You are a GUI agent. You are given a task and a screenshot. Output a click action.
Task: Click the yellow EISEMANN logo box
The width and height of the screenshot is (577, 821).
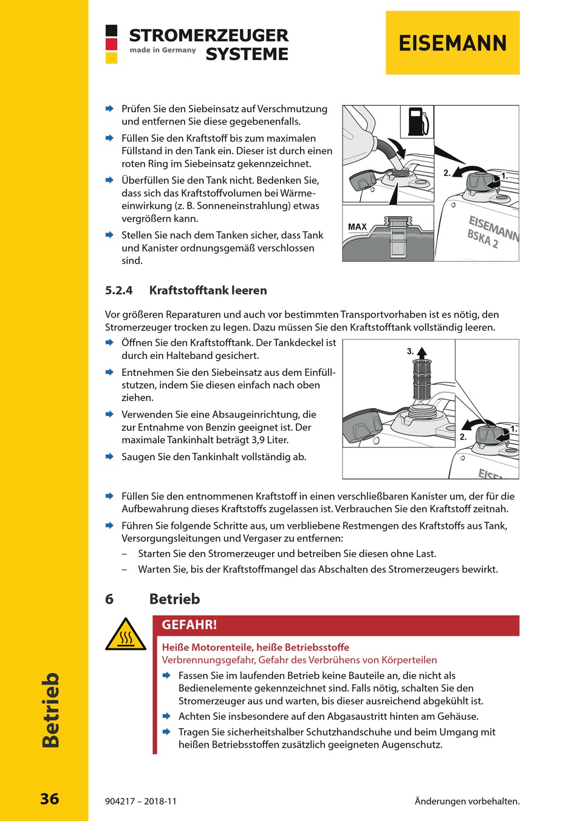[452, 43]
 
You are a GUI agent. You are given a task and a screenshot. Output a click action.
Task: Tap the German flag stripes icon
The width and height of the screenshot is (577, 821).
[111, 44]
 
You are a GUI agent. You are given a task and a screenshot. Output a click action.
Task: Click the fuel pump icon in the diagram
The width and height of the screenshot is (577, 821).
[417, 121]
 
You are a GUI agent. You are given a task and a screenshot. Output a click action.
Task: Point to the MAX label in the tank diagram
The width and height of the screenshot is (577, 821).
[357, 227]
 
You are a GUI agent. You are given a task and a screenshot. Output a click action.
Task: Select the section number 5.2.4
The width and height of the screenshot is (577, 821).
[119, 290]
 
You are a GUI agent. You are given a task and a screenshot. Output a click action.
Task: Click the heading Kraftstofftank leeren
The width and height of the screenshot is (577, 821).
[208, 290]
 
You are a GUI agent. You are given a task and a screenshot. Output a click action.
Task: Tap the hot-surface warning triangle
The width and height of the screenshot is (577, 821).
[126, 635]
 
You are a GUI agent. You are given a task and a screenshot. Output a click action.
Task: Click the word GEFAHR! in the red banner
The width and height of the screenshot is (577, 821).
[189, 625]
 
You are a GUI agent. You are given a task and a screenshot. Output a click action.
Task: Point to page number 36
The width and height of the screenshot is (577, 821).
[50, 799]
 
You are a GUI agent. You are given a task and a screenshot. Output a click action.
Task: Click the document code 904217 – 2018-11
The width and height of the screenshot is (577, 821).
[141, 801]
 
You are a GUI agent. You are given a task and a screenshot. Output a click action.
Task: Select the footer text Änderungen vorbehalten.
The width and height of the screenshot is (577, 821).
[467, 801]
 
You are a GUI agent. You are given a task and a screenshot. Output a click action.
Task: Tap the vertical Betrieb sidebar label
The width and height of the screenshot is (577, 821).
[50, 710]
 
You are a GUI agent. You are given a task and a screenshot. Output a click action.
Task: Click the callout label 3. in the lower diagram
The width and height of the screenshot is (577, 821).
[411, 351]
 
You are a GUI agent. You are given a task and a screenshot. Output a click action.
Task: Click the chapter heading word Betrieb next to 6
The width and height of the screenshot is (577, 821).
[174, 599]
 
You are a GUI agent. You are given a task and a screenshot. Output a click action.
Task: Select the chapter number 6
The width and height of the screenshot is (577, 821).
[109, 599]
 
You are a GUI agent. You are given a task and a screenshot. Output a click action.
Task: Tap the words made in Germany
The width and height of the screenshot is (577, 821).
[163, 50]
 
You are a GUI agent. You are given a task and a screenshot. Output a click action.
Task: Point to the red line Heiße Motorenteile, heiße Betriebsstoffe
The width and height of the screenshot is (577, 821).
[255, 647]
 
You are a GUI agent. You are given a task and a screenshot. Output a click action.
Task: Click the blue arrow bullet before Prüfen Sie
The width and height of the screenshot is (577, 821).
[109, 109]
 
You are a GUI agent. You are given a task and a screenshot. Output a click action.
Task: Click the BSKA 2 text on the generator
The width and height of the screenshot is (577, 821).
[482, 239]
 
